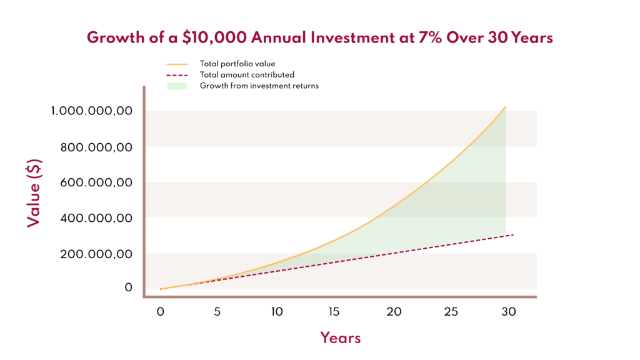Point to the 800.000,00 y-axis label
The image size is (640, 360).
[x=97, y=147]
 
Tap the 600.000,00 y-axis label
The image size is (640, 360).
[x=97, y=183]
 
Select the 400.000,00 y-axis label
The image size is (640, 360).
[x=97, y=219]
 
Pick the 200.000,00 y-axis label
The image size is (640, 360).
[x=97, y=254]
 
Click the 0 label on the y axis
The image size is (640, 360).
[x=129, y=287]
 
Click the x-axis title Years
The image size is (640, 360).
[x=341, y=338]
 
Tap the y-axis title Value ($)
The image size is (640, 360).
[x=34, y=193]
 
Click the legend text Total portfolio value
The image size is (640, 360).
[x=237, y=64]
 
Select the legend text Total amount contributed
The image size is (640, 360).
[x=247, y=74]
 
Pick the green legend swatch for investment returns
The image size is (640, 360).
[x=177, y=86]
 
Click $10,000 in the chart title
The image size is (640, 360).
[x=212, y=37]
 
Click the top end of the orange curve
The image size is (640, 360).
[x=505, y=107]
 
